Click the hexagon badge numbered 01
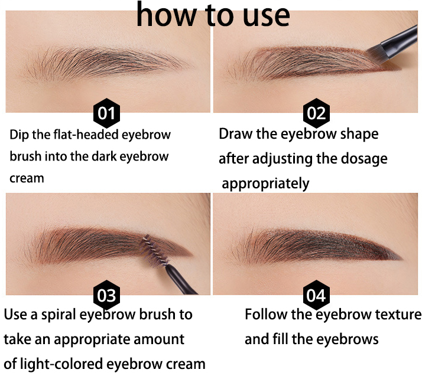(x=106, y=113)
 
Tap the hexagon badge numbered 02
(x=316, y=113)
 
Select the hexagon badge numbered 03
(x=106, y=295)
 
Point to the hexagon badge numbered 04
(x=316, y=295)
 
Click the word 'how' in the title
(x=165, y=15)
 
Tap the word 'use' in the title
(x=267, y=17)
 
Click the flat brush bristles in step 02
(x=377, y=54)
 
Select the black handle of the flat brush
(x=401, y=41)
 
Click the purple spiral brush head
(x=154, y=250)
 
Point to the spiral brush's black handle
(x=181, y=280)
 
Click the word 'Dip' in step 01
(x=19, y=135)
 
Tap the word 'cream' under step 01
(x=27, y=178)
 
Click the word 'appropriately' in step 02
(x=265, y=184)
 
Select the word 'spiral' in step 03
(x=59, y=315)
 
